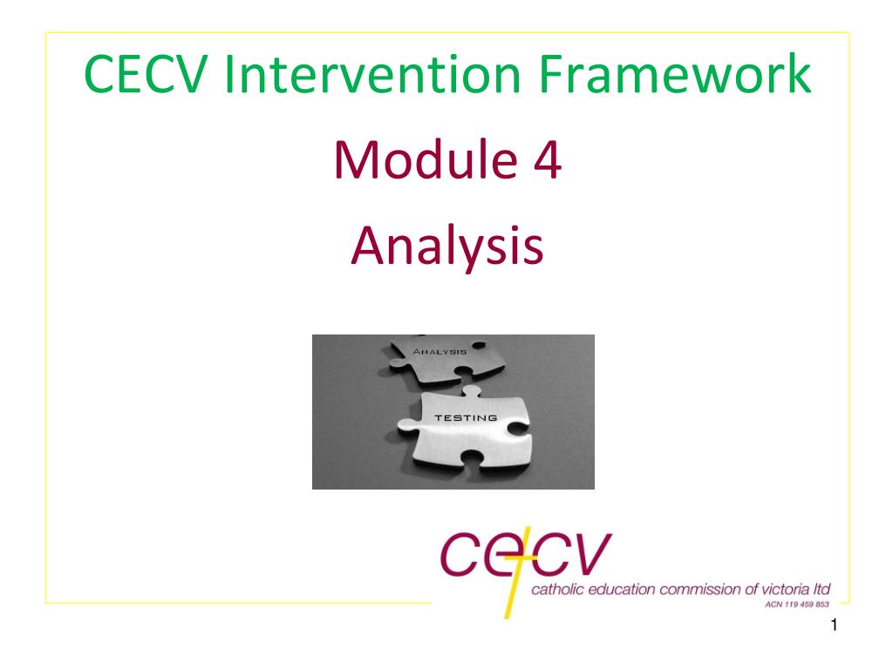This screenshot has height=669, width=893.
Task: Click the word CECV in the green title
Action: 145,74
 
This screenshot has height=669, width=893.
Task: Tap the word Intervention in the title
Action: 372,74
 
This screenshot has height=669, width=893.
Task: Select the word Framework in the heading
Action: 675,74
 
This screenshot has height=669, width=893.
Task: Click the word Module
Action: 426,159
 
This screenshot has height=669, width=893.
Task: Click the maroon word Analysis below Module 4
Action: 447,246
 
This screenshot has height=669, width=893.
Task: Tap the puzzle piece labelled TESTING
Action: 465,430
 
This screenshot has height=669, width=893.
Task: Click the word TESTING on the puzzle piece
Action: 466,417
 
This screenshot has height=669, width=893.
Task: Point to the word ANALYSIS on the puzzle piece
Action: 440,352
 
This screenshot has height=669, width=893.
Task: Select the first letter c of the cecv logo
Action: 458,553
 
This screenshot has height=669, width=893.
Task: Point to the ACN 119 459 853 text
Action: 797,605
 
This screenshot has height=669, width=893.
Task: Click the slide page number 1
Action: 835,625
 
